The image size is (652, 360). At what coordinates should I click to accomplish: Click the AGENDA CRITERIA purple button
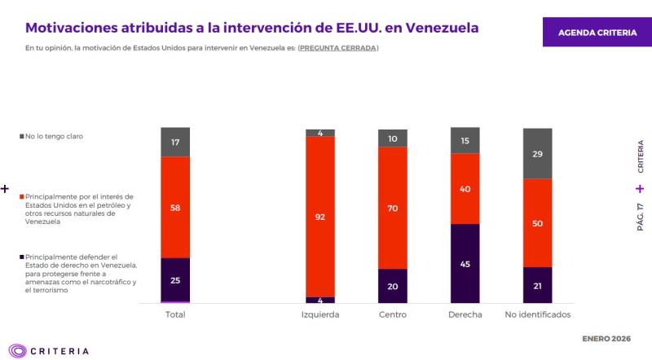tap(597, 32)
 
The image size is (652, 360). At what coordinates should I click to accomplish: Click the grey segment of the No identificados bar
tap(538, 154)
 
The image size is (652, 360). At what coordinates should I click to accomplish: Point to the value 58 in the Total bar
tap(176, 208)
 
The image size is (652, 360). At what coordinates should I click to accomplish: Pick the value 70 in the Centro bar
tap(393, 208)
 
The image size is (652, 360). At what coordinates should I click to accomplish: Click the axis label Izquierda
tap(320, 314)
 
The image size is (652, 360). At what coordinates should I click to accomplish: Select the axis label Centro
tap(393, 314)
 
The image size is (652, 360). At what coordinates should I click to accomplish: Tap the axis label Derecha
tap(465, 314)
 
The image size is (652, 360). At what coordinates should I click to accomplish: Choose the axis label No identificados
tap(538, 314)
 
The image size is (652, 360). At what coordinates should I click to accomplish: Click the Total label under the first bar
tap(176, 314)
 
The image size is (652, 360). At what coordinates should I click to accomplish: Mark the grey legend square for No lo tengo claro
tap(22, 136)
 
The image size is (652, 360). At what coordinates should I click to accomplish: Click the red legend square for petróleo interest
tap(22, 196)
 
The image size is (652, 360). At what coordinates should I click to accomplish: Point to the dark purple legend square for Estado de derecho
tap(22, 257)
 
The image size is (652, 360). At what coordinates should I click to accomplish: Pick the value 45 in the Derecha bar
tap(465, 263)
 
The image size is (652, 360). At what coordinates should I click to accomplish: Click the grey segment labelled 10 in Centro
tap(393, 138)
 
